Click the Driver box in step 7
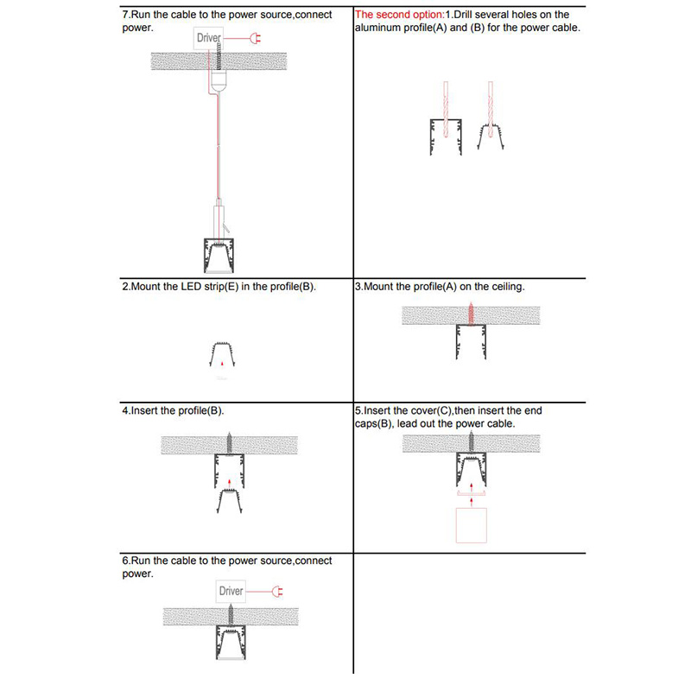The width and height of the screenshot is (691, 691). pyautogui.click(x=209, y=38)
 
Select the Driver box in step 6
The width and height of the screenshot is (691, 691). pyautogui.click(x=231, y=591)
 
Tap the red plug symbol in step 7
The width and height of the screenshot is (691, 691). pyautogui.click(x=255, y=38)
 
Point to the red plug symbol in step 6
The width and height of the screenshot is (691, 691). pyautogui.click(x=277, y=591)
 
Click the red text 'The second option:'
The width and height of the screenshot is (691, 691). pyautogui.click(x=399, y=15)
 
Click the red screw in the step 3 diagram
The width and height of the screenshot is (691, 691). pyautogui.click(x=471, y=312)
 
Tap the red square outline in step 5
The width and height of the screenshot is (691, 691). pyautogui.click(x=471, y=525)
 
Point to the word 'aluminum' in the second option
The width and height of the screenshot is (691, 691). pyautogui.click(x=379, y=28)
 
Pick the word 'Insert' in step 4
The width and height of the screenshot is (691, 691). pyautogui.click(x=144, y=410)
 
